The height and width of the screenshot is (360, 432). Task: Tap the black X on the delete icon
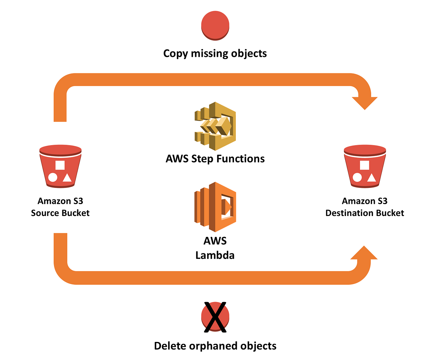point(215,317)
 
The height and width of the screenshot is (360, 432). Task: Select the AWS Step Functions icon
point(215,126)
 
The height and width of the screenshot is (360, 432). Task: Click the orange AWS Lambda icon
point(215,207)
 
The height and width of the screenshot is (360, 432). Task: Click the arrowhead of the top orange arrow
point(364,103)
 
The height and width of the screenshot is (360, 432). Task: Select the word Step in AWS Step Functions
point(200,159)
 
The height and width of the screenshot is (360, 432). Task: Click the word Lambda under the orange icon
point(215,255)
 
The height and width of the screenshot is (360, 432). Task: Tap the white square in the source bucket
point(60,165)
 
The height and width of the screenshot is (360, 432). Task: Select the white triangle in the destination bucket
point(372,177)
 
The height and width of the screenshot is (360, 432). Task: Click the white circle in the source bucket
point(53,177)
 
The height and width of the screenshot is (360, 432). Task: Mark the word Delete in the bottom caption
point(169,346)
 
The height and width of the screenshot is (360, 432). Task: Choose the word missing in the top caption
point(209,54)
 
